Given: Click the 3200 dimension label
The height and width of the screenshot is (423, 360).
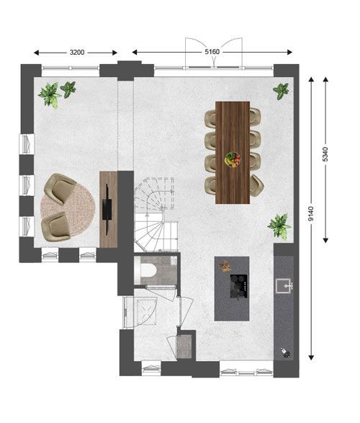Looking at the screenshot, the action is tap(77, 53).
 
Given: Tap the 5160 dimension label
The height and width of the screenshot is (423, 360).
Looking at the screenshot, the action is tap(212, 52).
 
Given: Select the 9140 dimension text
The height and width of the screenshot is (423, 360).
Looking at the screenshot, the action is tap(311, 214).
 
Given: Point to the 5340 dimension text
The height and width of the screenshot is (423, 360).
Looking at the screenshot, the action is tap(325, 154).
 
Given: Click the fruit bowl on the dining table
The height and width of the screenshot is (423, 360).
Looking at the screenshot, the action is tap(233, 160).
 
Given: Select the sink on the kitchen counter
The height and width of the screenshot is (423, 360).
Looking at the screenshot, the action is tap(284, 285).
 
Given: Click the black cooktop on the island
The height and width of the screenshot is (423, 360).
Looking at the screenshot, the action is tap(239, 287).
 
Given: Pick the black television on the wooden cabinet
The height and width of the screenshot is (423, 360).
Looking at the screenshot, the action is tap(107, 210).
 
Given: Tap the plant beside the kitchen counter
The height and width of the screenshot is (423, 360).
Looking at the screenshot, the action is tap(279, 226).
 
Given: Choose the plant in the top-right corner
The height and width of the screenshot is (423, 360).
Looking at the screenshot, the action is tap(281, 91).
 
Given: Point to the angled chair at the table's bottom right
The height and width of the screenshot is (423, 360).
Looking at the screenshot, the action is tap(256, 185).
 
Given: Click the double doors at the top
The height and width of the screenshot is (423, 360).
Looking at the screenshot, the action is tap(214, 53).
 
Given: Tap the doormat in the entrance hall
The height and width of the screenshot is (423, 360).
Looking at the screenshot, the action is tap(184, 347).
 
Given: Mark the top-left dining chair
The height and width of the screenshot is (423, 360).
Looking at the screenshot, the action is tap(211, 118).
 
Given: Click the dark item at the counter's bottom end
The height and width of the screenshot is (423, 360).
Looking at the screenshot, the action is tap(286, 353).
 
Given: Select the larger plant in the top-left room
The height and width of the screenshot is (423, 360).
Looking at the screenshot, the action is tap(50, 95).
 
